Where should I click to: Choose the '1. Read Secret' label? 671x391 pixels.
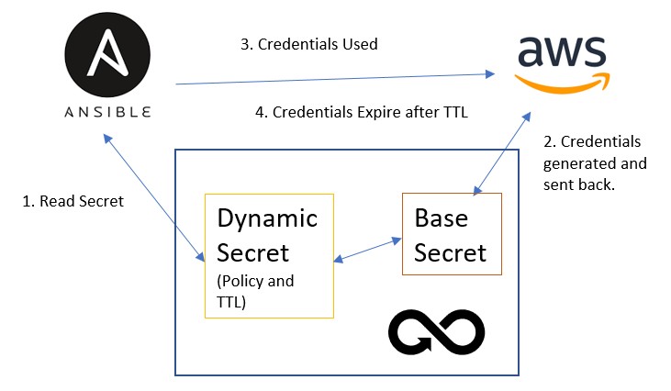click(x=73, y=201)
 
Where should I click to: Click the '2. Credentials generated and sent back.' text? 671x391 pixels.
click(x=594, y=163)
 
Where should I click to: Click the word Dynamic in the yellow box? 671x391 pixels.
click(x=267, y=218)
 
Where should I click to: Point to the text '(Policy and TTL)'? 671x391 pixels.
click(x=255, y=290)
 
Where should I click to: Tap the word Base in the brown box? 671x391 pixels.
click(x=442, y=220)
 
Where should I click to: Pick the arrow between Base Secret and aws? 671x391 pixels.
click(x=501, y=154)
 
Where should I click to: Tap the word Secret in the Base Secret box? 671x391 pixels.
click(x=450, y=251)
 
